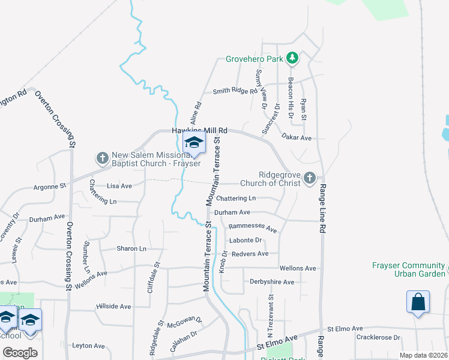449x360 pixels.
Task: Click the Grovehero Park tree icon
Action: (292, 58)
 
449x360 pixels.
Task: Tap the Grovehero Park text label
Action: (255, 59)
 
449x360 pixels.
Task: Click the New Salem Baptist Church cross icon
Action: (102, 158)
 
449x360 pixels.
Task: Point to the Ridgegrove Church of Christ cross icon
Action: (309, 178)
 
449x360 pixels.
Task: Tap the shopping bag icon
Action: (418, 302)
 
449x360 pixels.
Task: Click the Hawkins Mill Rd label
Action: (200, 130)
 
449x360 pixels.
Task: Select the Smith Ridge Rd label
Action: (235, 92)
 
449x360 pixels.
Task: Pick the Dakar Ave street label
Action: (297, 138)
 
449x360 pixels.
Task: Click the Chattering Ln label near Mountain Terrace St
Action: (236, 199)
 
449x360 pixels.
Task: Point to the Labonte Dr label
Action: (245, 241)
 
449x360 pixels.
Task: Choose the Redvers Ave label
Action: (250, 254)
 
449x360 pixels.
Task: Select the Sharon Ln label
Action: (131, 248)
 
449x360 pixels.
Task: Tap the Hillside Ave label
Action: (113, 307)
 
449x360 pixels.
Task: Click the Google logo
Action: (20, 352)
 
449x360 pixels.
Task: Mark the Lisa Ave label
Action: (119, 186)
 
